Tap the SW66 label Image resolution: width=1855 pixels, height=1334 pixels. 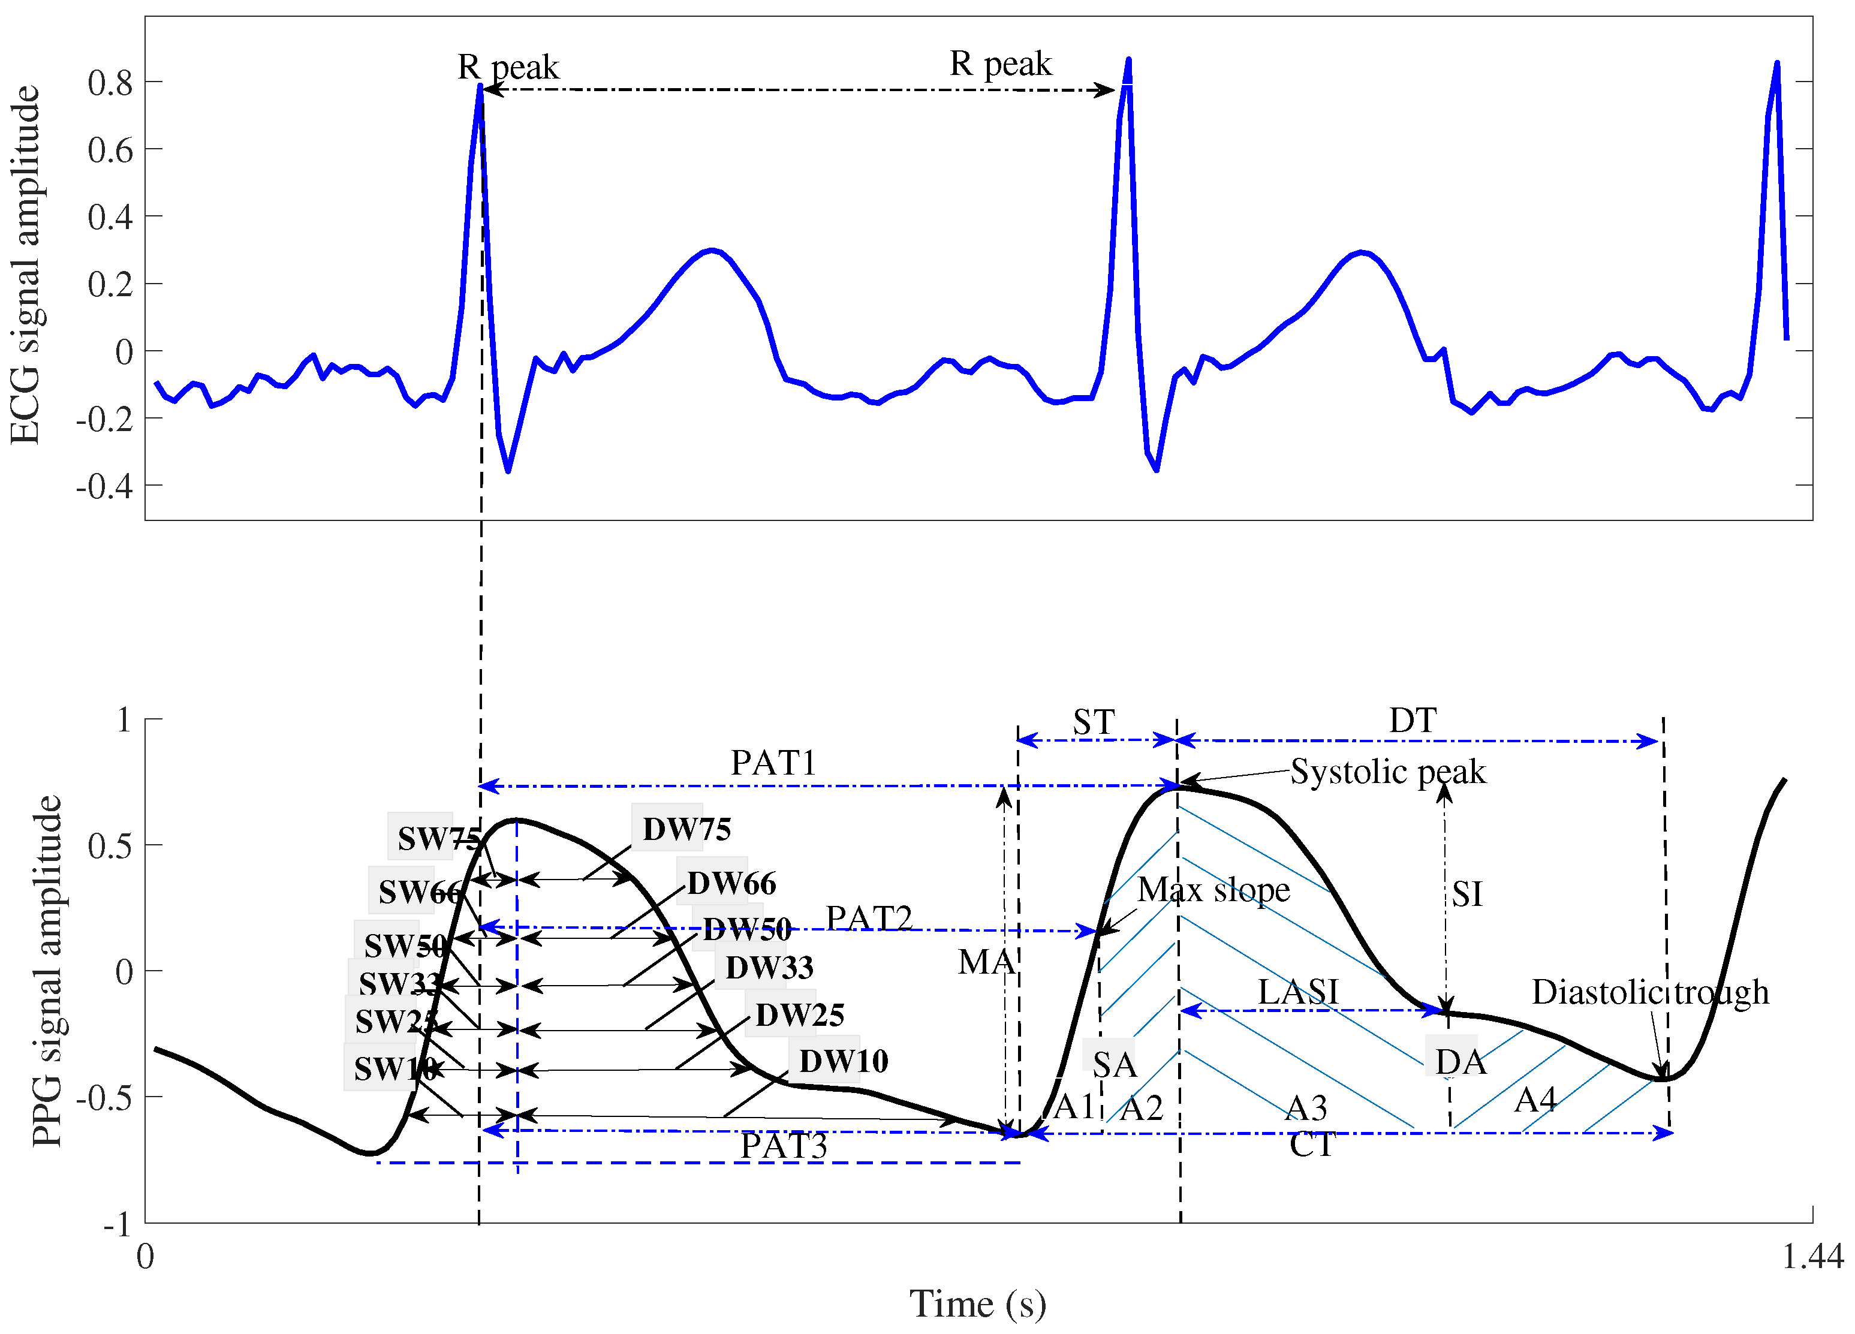point(418,892)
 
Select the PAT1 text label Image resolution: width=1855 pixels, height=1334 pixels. point(773,763)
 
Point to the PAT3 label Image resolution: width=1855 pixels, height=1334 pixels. point(783,1146)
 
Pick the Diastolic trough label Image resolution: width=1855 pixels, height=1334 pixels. point(1650,992)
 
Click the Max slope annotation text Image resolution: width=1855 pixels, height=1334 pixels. point(1213,890)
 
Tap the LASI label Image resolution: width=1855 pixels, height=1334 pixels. point(1298,992)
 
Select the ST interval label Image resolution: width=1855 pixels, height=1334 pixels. point(1094,722)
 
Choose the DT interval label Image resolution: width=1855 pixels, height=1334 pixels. point(1413,721)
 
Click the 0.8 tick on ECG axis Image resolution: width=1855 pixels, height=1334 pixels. point(110,83)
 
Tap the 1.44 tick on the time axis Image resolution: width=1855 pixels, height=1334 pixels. point(1812,1256)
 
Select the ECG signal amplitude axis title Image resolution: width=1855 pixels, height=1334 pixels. point(25,266)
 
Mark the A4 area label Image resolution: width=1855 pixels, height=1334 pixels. point(1535,1100)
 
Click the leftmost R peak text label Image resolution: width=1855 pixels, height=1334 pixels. point(508,67)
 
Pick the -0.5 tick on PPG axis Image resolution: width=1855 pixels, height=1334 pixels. point(105,1098)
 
